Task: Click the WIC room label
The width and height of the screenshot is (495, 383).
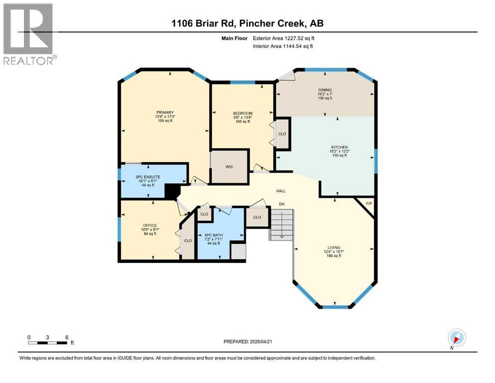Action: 229,167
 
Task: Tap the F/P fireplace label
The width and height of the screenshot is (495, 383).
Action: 369,203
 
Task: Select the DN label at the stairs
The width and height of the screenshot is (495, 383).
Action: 282,204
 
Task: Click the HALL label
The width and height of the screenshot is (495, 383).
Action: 281,191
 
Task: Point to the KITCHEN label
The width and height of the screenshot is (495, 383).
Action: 339,147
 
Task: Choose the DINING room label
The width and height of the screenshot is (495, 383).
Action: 325,90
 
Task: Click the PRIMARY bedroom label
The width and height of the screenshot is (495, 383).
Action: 165,112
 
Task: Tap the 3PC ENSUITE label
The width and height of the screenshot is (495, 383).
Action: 148,177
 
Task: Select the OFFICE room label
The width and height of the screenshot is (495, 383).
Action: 150,225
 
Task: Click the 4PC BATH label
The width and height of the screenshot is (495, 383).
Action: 214,235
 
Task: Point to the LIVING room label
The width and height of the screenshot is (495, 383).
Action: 333,247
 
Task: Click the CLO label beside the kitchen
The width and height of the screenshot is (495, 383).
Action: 282,134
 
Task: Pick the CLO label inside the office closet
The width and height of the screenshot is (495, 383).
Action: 188,240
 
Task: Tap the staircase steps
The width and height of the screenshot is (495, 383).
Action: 282,225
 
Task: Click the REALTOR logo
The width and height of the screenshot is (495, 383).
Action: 29,34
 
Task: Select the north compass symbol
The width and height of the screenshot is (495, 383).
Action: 457,338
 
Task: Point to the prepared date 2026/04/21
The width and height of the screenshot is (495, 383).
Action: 261,342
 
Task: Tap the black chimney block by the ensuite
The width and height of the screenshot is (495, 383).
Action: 172,191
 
